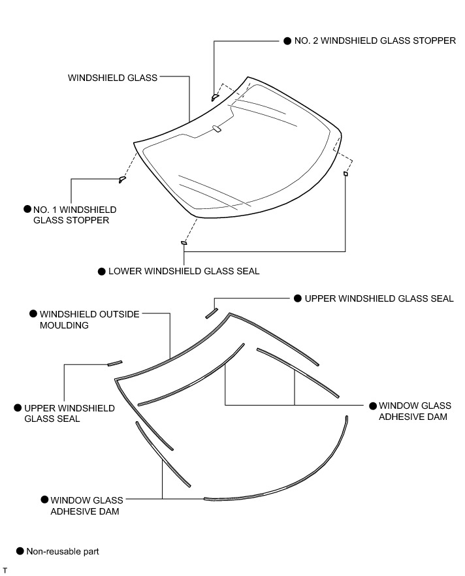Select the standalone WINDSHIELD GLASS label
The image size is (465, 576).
[x=113, y=78]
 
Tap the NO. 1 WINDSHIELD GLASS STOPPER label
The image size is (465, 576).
[x=75, y=215]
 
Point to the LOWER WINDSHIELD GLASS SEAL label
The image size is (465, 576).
[x=184, y=271]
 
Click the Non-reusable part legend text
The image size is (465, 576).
[x=63, y=551]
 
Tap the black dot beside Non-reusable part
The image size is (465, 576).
[x=20, y=551]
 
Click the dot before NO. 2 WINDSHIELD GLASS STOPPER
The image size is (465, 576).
[x=288, y=40]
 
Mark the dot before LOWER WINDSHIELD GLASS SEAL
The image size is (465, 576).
[x=101, y=271]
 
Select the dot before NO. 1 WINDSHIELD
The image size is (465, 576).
[x=27, y=209]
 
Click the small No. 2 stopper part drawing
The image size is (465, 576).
[x=215, y=97]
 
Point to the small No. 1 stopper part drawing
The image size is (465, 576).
[x=121, y=180]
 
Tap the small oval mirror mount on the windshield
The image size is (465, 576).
[x=217, y=129]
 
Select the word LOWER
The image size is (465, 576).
[x=124, y=271]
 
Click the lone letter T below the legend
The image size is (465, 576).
[x=5, y=571]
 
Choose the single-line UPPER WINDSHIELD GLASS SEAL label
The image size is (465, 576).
[x=379, y=298]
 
